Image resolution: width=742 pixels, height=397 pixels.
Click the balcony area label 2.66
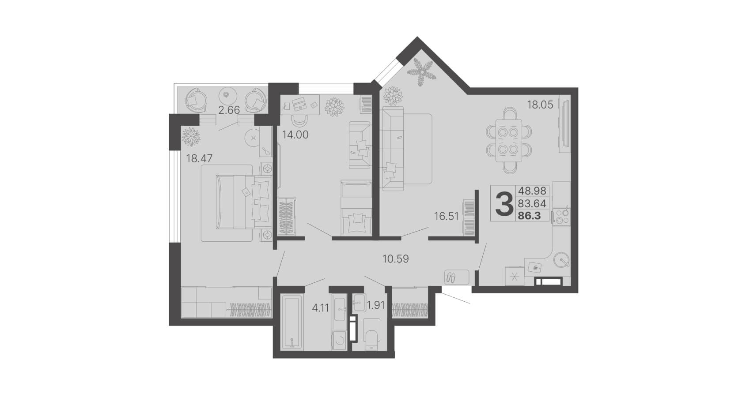(x=229, y=110)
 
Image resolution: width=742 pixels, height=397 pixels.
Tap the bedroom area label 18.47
(x=199, y=158)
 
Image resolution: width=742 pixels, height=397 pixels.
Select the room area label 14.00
(x=295, y=135)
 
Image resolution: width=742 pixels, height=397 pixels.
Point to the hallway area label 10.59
(x=396, y=258)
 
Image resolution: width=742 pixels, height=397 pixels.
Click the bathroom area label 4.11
(x=321, y=308)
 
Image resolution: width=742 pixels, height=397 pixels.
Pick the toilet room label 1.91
(x=376, y=305)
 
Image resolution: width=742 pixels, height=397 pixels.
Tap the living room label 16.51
(x=447, y=216)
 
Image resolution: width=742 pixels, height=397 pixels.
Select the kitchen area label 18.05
(x=540, y=105)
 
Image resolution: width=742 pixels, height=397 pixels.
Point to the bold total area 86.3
(x=529, y=216)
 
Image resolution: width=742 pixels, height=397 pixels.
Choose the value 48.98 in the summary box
(x=532, y=191)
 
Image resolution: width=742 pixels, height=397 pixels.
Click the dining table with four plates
(x=508, y=141)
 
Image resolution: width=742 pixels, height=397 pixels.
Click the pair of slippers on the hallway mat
(x=451, y=277)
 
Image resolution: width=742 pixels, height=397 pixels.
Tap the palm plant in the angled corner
(x=420, y=72)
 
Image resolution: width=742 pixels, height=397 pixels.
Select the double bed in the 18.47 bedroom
(x=243, y=202)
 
